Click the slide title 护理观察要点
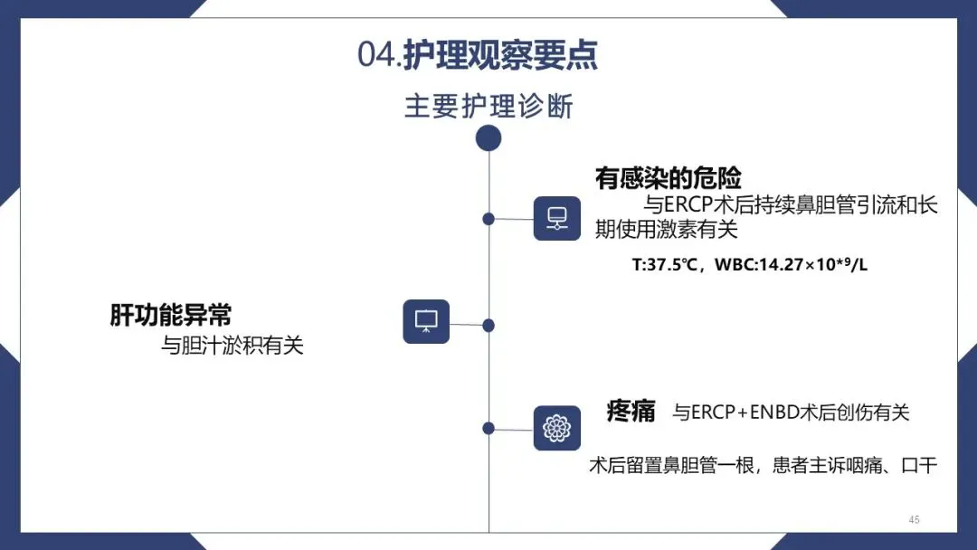pos(500,55)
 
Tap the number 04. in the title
pos(379,55)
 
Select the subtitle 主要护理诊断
pos(488,107)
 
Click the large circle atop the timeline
pos(488,138)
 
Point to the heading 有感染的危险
pos(668,178)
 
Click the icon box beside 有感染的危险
pos(556,218)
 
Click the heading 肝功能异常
pos(171,315)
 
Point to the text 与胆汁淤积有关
pos(232,346)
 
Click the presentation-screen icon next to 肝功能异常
pos(425,321)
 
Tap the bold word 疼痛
pos(631,412)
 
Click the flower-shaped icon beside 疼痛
pos(556,429)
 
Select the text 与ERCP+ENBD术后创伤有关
pos(791,412)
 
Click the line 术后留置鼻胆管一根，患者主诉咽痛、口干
pos(763,466)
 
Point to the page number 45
pos(914,519)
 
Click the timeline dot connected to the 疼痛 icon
pos(488,428)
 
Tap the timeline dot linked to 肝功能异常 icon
pos(488,325)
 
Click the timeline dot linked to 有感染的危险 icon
pos(488,219)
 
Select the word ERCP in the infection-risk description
pos(689,205)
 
